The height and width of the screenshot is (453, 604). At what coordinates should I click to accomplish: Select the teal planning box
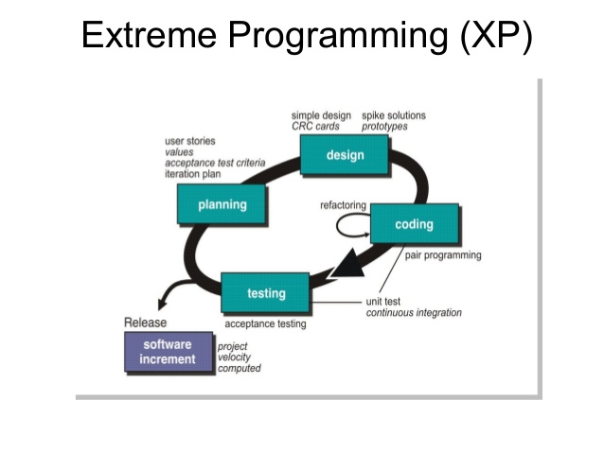222,204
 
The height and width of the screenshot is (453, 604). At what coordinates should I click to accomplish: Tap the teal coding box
414,225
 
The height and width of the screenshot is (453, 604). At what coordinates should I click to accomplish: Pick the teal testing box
266,293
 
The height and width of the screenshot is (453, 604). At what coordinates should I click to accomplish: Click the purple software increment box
168,352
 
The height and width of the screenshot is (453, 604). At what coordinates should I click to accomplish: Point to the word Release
145,322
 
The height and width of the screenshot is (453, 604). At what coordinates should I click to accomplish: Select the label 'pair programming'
443,255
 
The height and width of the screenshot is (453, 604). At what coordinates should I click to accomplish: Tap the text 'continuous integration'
414,313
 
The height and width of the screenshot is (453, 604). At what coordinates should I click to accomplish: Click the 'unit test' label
383,302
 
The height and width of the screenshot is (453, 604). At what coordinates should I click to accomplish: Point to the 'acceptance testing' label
265,324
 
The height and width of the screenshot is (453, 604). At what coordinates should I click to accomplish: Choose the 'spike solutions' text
394,116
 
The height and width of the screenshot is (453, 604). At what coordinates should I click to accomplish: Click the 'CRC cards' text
314,127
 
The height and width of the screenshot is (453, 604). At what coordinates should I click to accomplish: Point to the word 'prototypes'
387,127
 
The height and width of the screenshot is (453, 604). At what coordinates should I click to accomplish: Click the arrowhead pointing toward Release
161,302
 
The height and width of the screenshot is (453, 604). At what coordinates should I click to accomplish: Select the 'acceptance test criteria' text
215,163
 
